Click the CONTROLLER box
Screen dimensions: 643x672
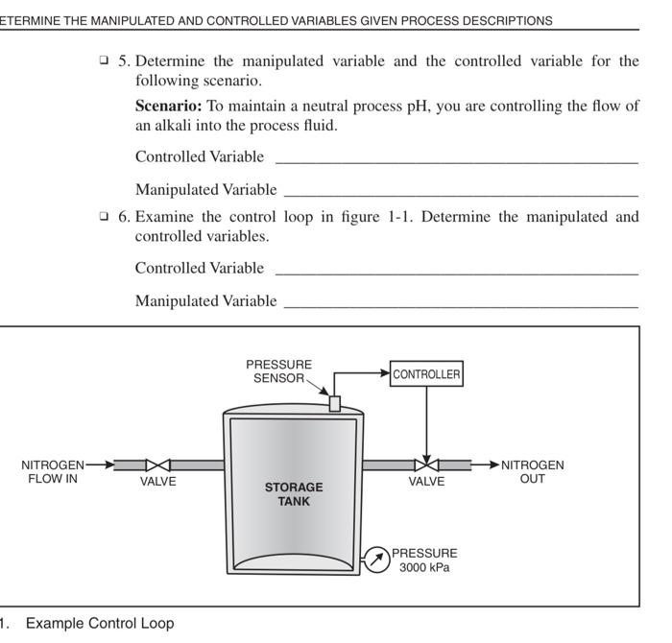(426, 374)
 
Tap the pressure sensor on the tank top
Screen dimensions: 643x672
(335, 403)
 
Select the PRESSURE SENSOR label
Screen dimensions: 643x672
(278, 371)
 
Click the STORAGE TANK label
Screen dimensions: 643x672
(294, 493)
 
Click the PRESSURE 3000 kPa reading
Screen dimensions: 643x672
(424, 560)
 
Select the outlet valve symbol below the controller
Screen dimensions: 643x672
(426, 464)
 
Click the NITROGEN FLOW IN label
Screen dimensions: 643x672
(52, 472)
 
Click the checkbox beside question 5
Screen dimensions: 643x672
(104, 60)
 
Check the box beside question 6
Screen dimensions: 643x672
(104, 216)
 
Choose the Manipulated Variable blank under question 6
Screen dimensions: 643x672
(461, 302)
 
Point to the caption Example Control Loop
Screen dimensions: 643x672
(100, 623)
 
